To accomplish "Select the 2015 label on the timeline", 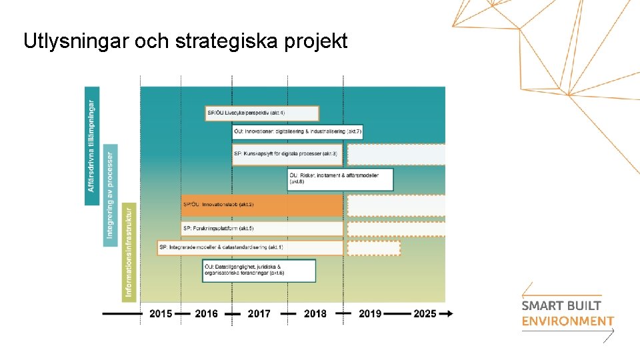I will (161, 313).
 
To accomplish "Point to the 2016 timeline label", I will (206, 313).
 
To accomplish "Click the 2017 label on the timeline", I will (259, 313).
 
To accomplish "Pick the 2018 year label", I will (315, 313).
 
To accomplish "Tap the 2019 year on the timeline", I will (370, 313).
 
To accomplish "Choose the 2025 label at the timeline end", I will (424, 313).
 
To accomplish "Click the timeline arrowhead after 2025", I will (450, 313).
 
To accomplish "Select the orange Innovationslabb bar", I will (261, 205).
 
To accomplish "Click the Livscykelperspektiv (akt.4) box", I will (262, 113).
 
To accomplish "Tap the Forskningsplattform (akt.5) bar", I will (261, 229).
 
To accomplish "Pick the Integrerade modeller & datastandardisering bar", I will (250, 247).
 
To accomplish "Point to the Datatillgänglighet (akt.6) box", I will (259, 270).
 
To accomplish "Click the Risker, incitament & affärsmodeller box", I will (340, 179).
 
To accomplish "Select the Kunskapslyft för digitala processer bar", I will (287, 154).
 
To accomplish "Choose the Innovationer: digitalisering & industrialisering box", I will (297, 132).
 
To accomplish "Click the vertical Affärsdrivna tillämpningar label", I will (92, 146).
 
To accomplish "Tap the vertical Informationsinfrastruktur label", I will (129, 252).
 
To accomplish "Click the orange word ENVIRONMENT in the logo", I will (567, 321).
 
